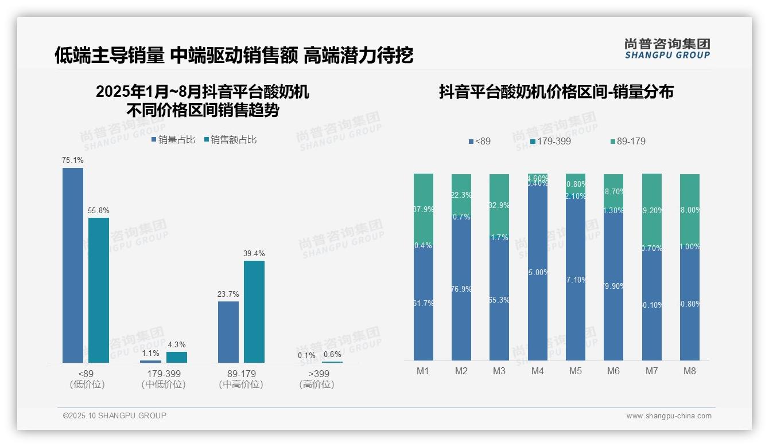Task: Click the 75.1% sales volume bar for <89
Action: click(x=73, y=265)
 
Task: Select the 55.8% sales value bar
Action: click(x=99, y=290)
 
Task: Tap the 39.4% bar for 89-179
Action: click(x=254, y=311)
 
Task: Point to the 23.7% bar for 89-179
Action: click(x=228, y=332)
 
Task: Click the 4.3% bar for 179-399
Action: click(x=177, y=357)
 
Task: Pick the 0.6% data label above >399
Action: click(x=332, y=354)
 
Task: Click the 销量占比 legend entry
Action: click(x=173, y=139)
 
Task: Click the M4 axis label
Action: click(x=537, y=371)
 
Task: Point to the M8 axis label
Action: click(x=689, y=371)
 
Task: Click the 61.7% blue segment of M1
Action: click(x=424, y=304)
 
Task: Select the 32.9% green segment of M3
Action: click(x=499, y=205)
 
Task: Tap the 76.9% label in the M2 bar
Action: click(x=461, y=289)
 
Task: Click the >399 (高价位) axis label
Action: click(x=317, y=379)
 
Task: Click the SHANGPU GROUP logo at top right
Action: click(x=667, y=48)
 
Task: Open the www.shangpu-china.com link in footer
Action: click(x=669, y=416)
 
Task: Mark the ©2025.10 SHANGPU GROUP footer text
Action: click(x=115, y=415)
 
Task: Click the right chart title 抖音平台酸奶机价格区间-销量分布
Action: click(x=556, y=92)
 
